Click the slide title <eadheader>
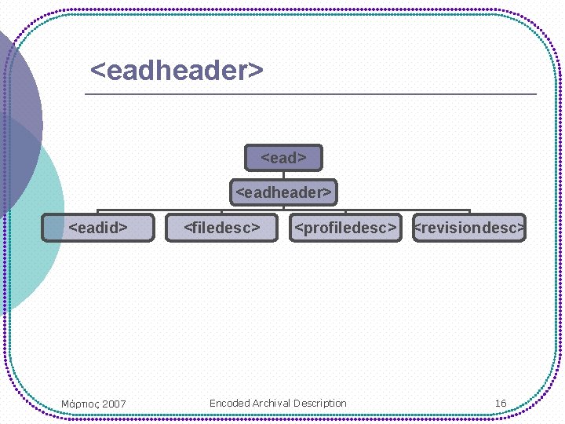[177, 71]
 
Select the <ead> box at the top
[283, 158]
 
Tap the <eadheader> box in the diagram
[283, 192]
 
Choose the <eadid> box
[98, 228]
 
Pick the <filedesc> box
[221, 228]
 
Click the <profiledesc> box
[345, 228]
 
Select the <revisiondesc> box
[469, 228]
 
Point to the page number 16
[501, 404]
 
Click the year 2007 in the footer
[114, 404]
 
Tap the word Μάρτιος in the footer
[79, 404]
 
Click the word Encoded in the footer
[229, 404]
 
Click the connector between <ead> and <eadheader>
[283, 175]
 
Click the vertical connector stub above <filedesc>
[221, 211]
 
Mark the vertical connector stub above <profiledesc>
[345, 211]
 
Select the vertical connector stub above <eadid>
[98, 211]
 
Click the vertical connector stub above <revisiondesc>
[469, 211]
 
